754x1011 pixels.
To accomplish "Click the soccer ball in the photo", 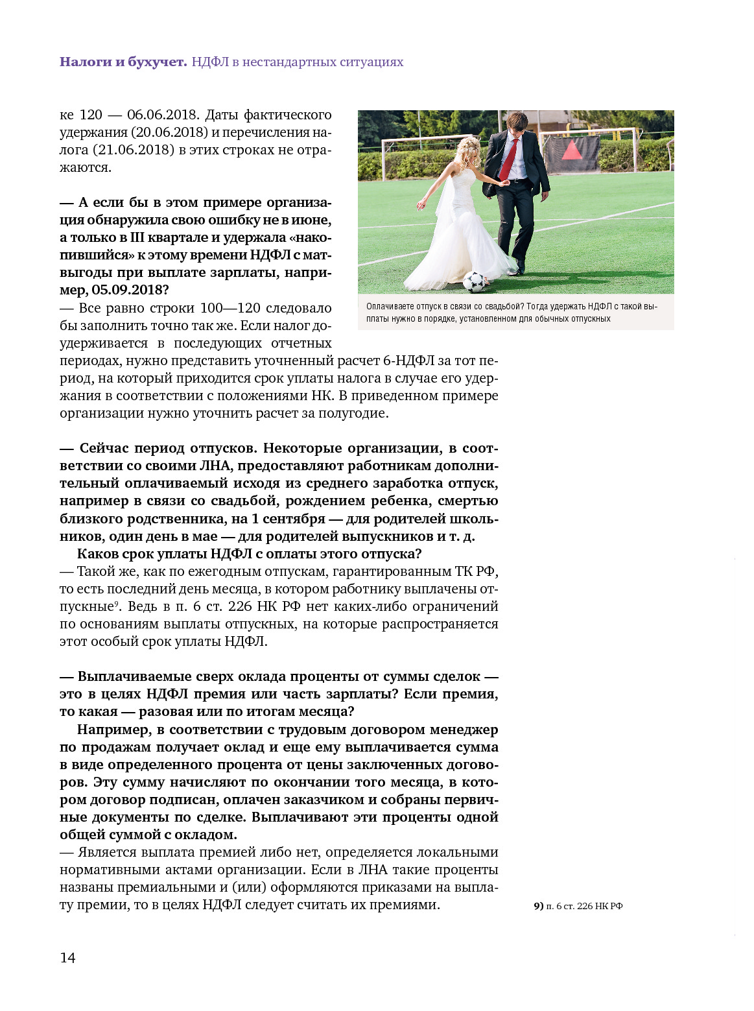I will (474, 281).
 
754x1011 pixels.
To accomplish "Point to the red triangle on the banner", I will (572, 150).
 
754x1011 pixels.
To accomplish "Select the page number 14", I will (67, 958).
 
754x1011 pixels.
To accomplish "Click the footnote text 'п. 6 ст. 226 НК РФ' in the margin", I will (584, 906).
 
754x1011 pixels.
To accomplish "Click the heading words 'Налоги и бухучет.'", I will (123, 62).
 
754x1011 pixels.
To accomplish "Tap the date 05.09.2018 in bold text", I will (130, 290).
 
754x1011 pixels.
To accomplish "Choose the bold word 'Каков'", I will (97, 554).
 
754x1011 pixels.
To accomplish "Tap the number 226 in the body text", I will (240, 606).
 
